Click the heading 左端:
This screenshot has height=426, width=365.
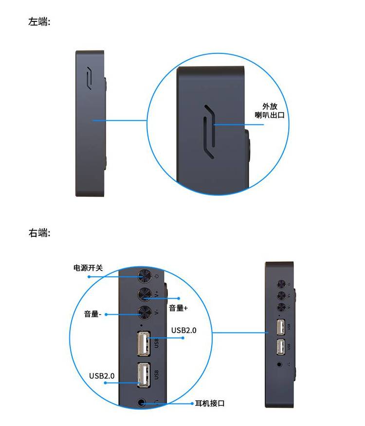39,21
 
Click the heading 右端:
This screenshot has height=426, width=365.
39,233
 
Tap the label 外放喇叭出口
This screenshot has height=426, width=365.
270,110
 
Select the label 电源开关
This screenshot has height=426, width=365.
88,268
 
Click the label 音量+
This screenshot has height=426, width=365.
178,308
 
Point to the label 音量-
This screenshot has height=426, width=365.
92,314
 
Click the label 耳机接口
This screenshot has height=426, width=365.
210,404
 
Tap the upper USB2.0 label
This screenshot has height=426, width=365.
183,330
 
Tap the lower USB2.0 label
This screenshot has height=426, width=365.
102,376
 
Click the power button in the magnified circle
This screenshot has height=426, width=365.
144,276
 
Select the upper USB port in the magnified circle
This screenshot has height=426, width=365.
144,343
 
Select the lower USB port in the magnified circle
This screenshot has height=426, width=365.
144,375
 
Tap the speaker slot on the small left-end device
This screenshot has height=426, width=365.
89,78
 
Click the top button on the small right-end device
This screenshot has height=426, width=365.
281,284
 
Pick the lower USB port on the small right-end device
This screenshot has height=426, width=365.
281,347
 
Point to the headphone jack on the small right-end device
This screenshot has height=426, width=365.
280,364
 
